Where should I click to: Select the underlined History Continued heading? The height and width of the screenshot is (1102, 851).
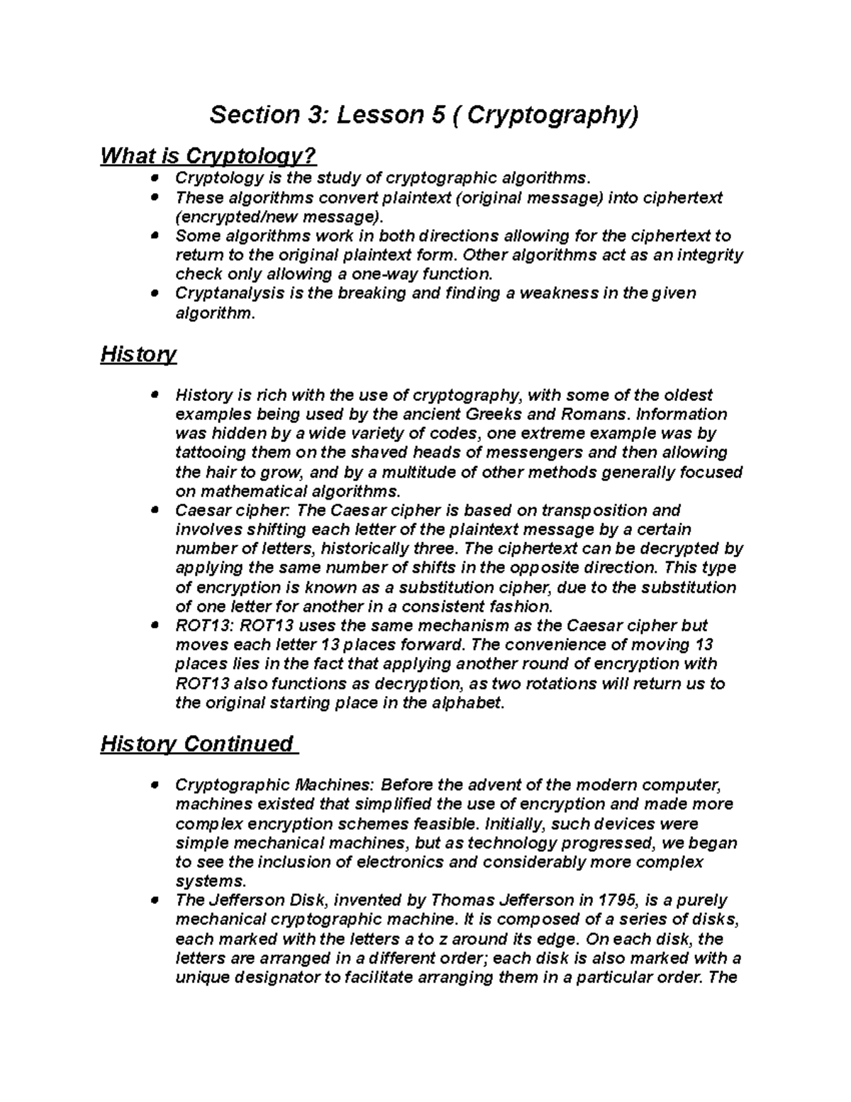tap(197, 744)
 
